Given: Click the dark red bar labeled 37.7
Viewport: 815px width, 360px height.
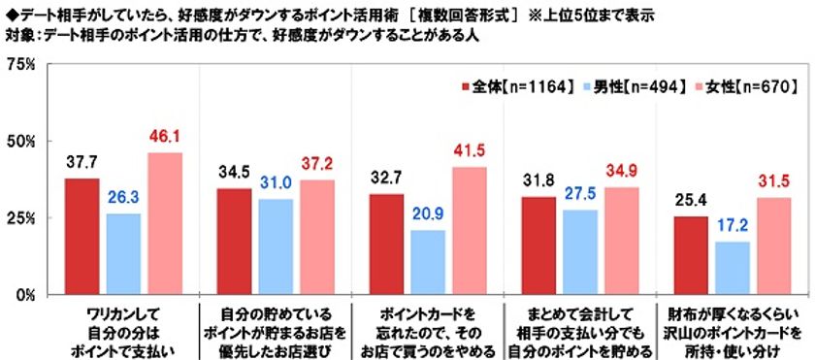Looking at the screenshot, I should (x=81, y=237).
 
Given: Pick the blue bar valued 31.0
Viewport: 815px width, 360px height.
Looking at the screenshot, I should (x=275, y=247).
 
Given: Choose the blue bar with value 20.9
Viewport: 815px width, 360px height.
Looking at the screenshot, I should (x=428, y=263).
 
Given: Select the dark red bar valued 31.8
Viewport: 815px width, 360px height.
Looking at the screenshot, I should (x=538, y=246).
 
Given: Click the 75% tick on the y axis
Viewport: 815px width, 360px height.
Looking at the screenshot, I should (x=20, y=65).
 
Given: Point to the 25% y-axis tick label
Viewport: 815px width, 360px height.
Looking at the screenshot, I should (x=20, y=218).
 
